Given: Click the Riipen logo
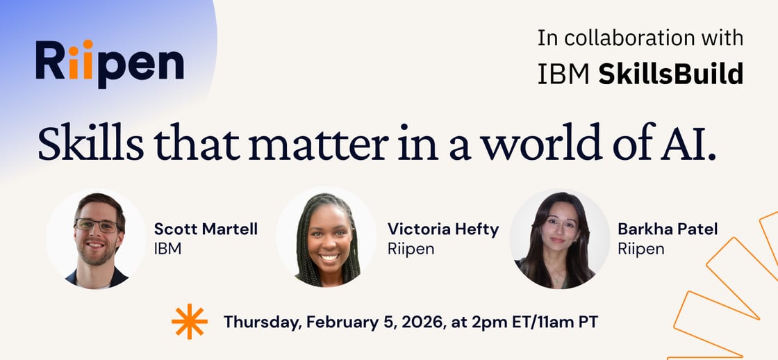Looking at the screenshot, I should pos(110,63).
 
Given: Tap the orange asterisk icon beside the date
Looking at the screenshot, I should pos(189,322).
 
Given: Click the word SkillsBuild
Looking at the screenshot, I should pos(670,74).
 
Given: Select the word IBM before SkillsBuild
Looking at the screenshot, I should pos(563,74).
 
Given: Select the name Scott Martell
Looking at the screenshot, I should pos(206,229).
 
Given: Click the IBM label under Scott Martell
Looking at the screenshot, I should pos(167,248).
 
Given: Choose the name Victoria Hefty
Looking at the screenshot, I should pos(443,229).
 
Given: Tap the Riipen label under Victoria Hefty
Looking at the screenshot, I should pos(411,248).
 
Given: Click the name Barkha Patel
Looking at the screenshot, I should pos(668,229).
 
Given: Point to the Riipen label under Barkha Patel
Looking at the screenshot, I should pos(641,248).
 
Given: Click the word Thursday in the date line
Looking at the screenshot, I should pos(261,322).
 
